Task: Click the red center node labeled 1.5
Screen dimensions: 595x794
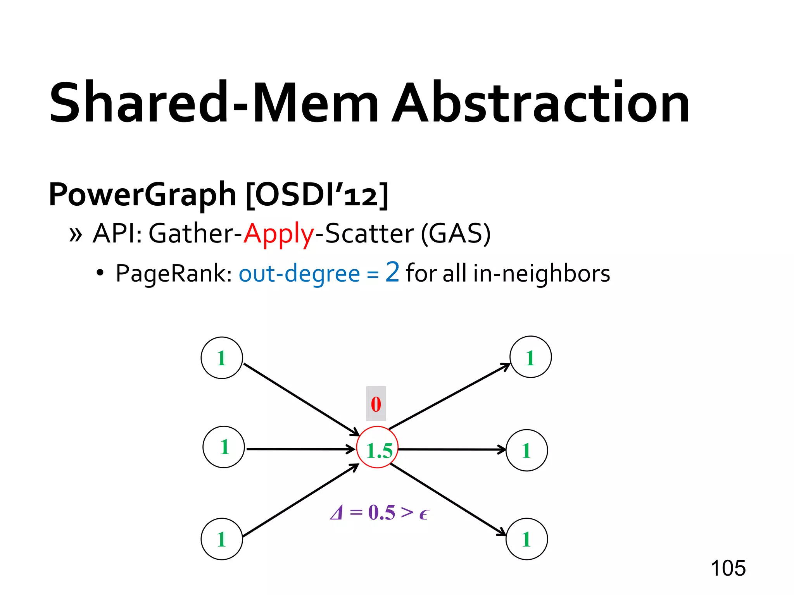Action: click(377, 447)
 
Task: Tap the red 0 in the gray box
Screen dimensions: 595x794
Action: click(376, 404)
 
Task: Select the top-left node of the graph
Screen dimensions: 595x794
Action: click(222, 358)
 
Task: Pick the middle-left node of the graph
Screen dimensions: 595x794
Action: click(224, 447)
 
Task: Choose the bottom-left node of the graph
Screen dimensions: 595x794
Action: click(222, 539)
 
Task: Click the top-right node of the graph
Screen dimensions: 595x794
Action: click(530, 357)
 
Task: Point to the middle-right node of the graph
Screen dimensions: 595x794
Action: click(527, 450)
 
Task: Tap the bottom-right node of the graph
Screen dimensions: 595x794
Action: click(527, 539)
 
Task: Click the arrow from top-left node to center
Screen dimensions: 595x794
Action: click(300, 399)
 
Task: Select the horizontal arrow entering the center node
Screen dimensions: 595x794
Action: click(300, 449)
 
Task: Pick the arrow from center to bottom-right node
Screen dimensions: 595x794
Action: click(448, 500)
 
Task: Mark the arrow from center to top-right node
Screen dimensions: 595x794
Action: click(450, 396)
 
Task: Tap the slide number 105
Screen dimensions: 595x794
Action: click(728, 568)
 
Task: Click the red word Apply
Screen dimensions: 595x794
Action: click(278, 234)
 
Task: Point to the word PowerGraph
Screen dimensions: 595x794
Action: click(142, 194)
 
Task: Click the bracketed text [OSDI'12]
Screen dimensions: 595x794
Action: click(317, 194)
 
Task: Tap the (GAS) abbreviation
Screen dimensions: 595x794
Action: click(456, 234)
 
